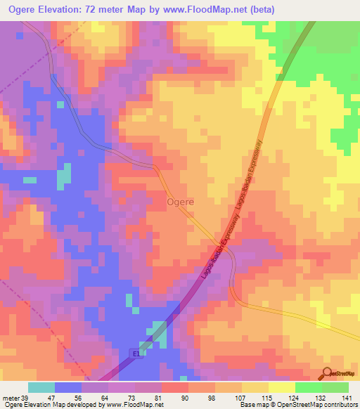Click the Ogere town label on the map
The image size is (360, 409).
coord(181,202)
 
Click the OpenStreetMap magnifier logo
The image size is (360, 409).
coord(327,373)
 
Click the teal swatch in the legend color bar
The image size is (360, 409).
coord(41,387)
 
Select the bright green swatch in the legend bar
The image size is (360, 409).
coord(335,387)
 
